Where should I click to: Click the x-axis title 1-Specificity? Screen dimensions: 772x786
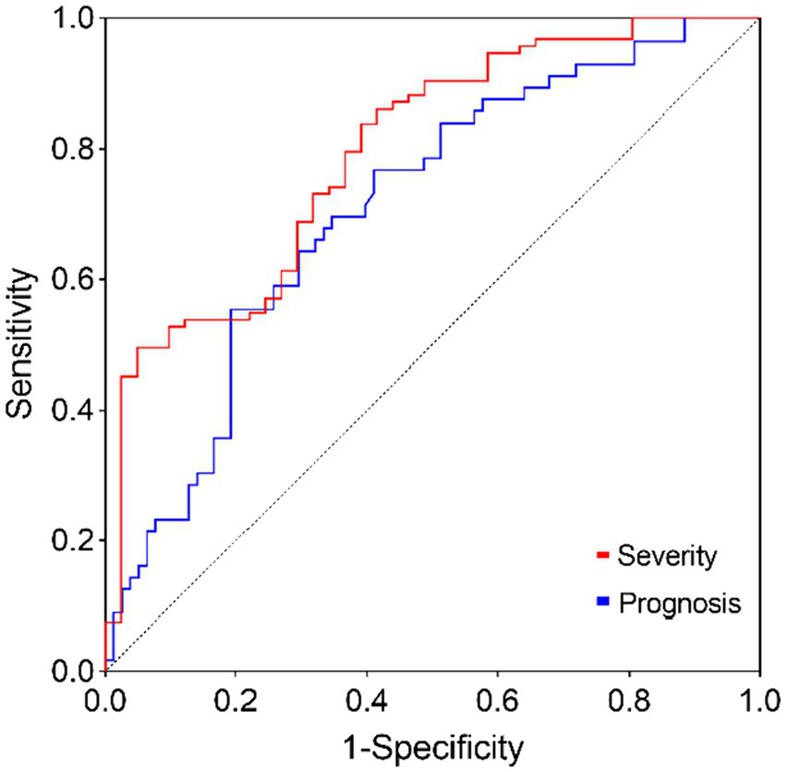pyautogui.click(x=431, y=745)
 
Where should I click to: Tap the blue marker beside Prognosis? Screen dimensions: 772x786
pyautogui.click(x=603, y=604)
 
